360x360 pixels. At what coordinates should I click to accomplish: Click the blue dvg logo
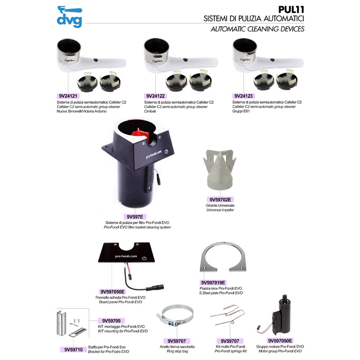pos(69,17)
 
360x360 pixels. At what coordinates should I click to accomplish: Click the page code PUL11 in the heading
pos(291,9)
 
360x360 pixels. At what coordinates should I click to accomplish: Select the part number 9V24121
pos(68,96)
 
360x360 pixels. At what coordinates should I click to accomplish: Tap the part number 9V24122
pos(155,96)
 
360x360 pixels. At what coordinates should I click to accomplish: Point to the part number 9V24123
pos(243,96)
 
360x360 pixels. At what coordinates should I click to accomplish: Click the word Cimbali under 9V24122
pos(150,111)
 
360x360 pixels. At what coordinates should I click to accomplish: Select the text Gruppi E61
pos(241,111)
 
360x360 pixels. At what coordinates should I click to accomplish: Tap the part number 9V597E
pos(135,217)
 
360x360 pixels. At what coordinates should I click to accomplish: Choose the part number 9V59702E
pos(220,199)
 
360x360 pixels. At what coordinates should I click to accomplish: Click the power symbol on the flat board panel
pos(144,258)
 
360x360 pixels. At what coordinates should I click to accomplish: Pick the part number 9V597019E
pos(213,283)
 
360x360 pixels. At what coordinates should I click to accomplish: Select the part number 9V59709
pos(111,321)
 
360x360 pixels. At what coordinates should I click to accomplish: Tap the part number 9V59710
pos(73,350)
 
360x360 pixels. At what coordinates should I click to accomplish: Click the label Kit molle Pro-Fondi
pos(230,346)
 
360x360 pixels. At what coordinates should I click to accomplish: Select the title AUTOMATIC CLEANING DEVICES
pos(257,29)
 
